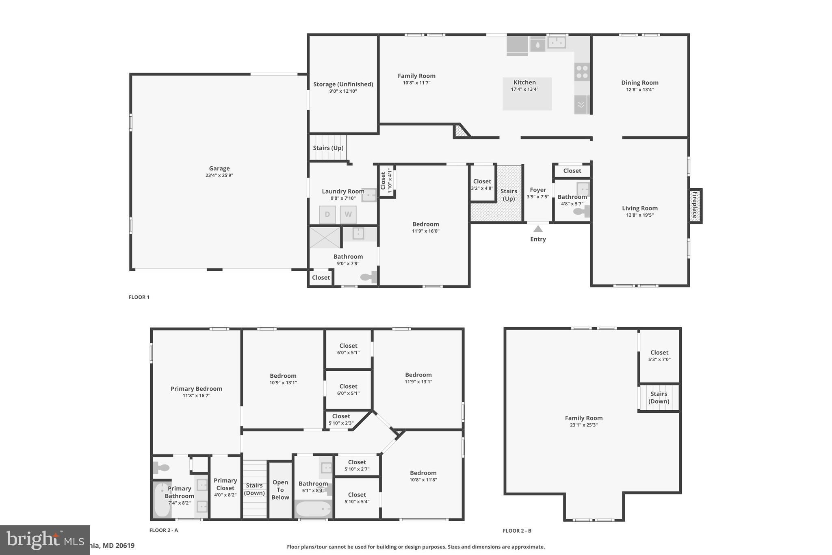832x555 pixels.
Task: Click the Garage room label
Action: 219,168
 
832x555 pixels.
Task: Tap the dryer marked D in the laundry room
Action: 327,215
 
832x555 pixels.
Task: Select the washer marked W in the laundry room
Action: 348,215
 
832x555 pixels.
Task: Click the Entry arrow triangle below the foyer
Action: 538,229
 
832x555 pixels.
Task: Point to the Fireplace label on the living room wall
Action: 695,205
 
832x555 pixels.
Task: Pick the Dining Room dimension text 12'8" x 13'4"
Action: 640,90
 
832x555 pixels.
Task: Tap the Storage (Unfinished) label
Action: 343,84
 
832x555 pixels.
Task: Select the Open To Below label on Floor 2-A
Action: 280,490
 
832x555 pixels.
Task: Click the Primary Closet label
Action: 225,484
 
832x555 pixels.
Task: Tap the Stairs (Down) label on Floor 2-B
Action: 659,397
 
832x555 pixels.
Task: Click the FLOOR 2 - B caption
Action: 517,531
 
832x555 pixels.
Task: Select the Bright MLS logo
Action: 45,540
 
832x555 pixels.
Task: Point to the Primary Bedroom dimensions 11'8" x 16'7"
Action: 196,396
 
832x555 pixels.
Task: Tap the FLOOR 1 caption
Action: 139,297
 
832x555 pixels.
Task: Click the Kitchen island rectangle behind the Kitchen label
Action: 527,100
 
